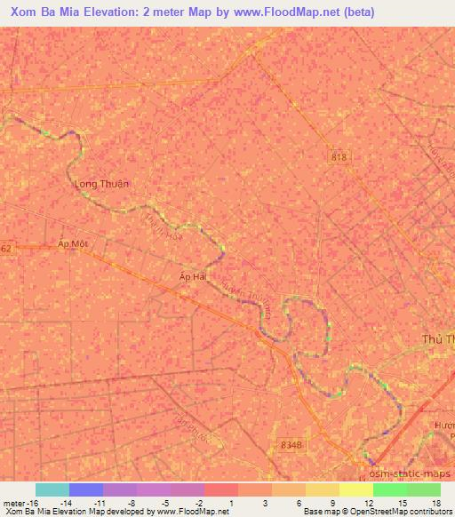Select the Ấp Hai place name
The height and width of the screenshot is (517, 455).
pyautogui.click(x=194, y=276)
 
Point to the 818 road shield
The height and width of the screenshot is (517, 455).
pyautogui.click(x=339, y=157)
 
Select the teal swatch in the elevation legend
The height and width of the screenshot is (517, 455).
pyautogui.click(x=52, y=489)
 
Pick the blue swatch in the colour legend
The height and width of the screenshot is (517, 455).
pyautogui.click(x=86, y=489)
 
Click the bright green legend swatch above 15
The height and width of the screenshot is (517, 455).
pyautogui.click(x=389, y=489)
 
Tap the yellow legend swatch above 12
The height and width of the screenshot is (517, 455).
pyautogui.click(x=355, y=489)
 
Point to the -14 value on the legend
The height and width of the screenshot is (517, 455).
pyautogui.click(x=65, y=502)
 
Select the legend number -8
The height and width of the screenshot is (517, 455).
pyautogui.click(x=132, y=502)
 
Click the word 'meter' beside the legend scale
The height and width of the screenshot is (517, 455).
pyautogui.click(x=14, y=502)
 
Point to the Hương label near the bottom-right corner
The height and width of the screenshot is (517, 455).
pyautogui.click(x=443, y=426)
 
